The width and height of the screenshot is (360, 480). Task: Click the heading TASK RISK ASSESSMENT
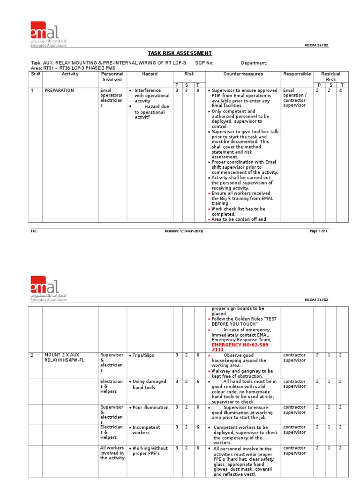point(180,53)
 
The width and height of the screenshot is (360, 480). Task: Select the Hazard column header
point(150,74)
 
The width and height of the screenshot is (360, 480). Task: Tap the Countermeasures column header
point(243,74)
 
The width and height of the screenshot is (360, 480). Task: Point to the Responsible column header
point(297,74)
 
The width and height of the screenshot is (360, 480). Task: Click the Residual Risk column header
point(330,77)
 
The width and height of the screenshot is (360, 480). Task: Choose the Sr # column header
point(36,74)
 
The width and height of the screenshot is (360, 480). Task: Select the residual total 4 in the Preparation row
point(342,90)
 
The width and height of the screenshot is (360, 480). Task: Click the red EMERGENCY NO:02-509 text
point(238,345)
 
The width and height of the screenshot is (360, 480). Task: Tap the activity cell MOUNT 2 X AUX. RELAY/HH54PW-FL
point(63,358)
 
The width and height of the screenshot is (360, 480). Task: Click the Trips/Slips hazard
point(142,356)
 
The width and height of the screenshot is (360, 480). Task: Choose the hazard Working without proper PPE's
point(150,451)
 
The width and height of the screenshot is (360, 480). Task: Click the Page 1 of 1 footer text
point(318,231)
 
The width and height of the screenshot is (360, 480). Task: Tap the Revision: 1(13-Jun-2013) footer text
point(184,231)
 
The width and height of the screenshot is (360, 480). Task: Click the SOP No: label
point(203,63)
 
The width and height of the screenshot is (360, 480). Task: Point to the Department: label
point(254,63)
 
